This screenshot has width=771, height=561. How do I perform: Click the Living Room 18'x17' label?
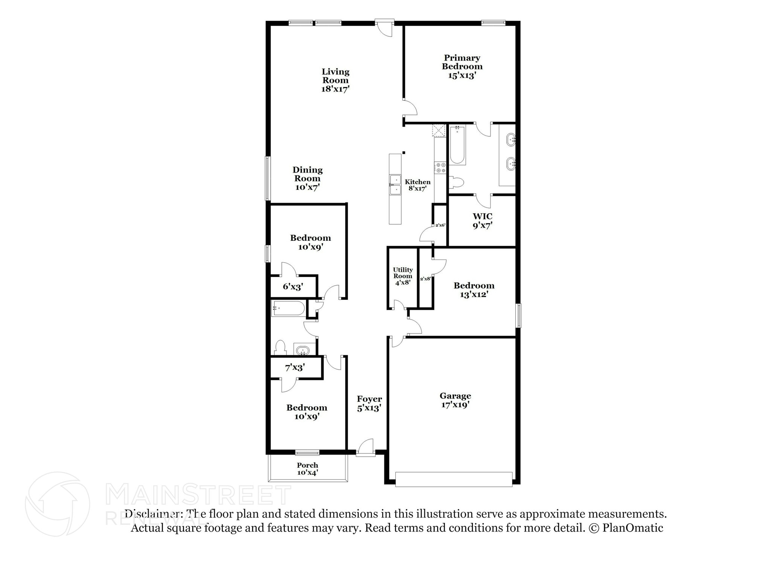coord(335,80)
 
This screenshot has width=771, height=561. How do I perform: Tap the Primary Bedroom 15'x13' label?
coord(462,67)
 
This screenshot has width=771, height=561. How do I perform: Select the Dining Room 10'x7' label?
coord(308,178)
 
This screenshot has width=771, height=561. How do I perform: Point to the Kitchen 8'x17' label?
coord(417,185)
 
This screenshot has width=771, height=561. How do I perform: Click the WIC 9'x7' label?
coord(482,221)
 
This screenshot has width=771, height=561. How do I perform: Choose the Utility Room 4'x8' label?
coord(403,276)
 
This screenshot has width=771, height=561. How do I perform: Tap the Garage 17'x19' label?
coord(455,400)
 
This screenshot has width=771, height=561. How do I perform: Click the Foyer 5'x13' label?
coord(369,403)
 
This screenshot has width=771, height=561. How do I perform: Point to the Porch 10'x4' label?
coord(308,468)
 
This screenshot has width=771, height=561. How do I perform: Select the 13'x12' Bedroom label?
coord(474,290)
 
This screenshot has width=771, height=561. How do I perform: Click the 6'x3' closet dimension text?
coord(293,287)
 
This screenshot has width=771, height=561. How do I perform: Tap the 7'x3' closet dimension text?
coord(295,367)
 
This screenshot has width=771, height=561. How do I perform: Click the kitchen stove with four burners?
coord(440,168)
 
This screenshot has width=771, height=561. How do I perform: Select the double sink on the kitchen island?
coord(395,185)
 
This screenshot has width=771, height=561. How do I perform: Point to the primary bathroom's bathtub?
coord(457,145)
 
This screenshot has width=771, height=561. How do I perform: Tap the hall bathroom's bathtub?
coord(288,308)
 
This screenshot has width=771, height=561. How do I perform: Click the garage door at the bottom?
coord(454,479)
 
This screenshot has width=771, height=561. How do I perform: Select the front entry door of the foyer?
coord(366,448)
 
